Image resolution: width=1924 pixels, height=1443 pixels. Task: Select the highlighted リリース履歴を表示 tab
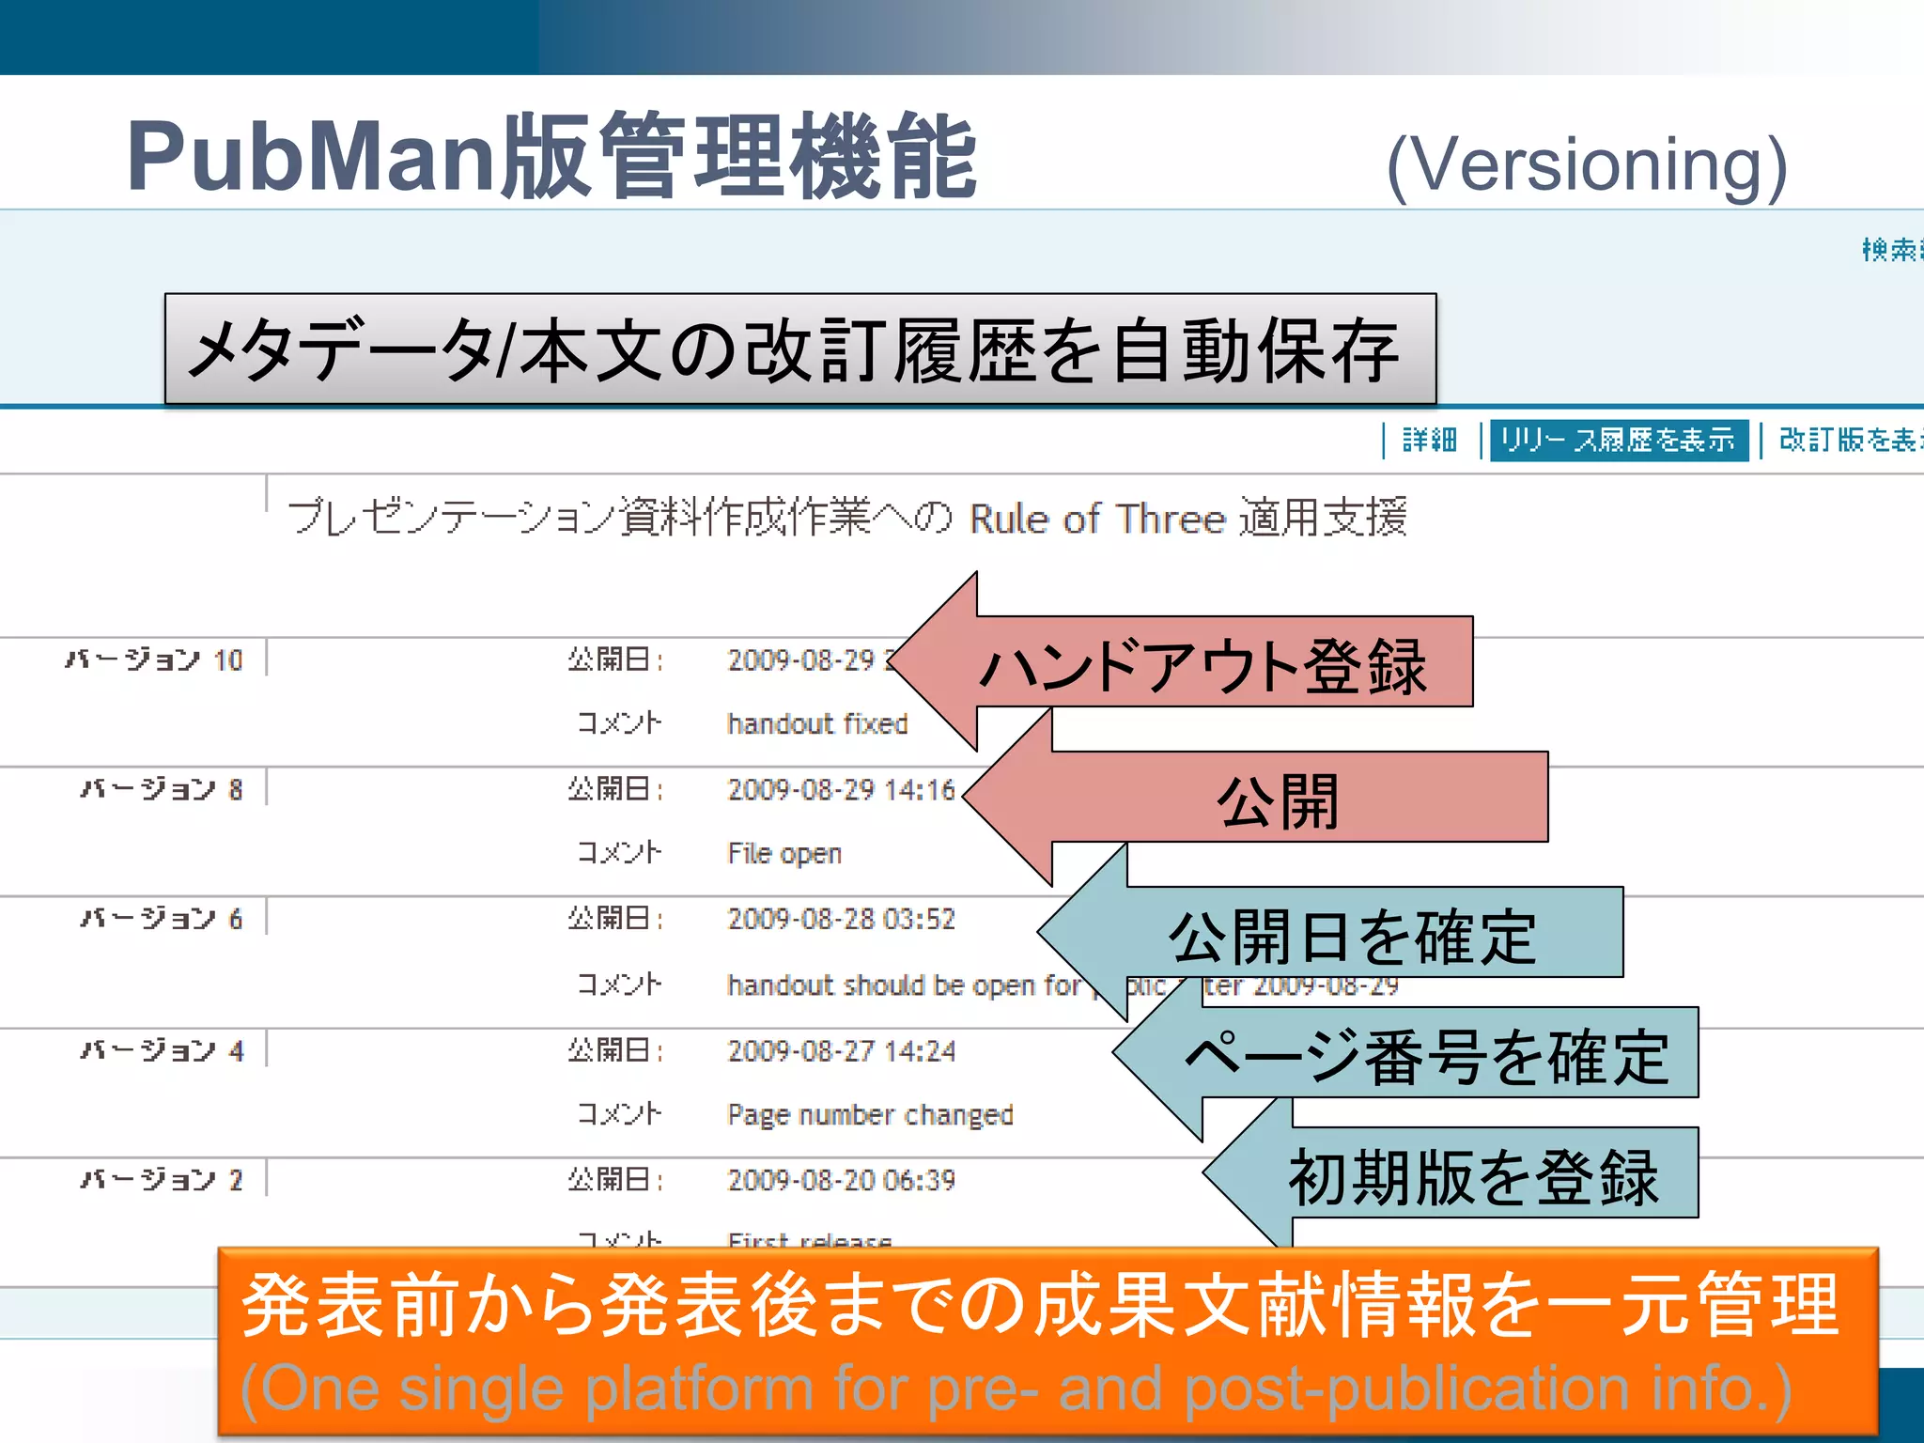click(x=1618, y=440)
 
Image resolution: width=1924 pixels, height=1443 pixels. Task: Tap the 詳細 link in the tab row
click(x=1429, y=440)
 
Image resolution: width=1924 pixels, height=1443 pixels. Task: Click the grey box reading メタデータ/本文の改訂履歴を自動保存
click(x=799, y=349)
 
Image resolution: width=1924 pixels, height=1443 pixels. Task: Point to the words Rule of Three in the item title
click(x=1097, y=519)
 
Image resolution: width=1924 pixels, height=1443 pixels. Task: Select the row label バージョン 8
click(x=163, y=788)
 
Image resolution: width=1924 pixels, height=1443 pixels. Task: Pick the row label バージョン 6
click(x=163, y=918)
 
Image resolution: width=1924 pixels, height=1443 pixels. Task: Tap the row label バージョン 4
click(x=163, y=1049)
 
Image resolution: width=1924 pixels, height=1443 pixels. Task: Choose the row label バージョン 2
click(x=163, y=1179)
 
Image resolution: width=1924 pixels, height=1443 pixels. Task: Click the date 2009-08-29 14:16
click(x=841, y=789)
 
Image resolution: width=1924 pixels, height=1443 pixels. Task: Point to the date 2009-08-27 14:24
click(x=841, y=1050)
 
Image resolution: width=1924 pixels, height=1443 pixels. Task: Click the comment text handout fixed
click(x=817, y=723)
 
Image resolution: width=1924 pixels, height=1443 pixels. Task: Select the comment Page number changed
click(x=870, y=1114)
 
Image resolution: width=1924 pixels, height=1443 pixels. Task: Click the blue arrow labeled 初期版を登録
click(x=1473, y=1174)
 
